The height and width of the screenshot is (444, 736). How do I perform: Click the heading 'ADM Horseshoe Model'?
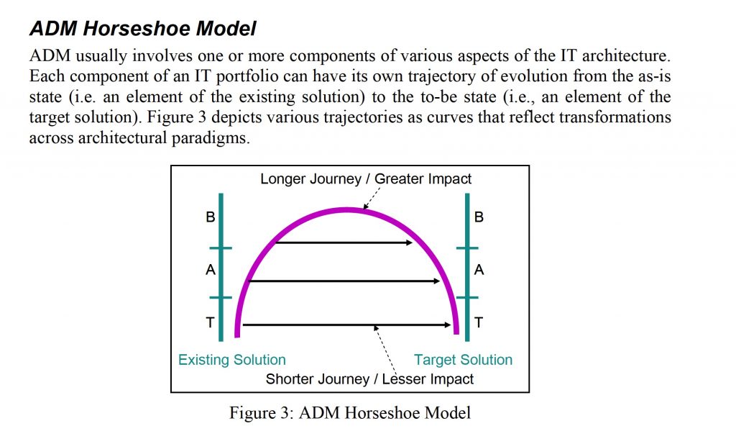click(143, 28)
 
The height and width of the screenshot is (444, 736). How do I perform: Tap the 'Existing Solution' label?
click(232, 359)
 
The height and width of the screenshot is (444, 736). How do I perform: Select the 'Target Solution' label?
click(463, 359)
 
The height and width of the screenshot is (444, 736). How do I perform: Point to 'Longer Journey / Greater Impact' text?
click(366, 179)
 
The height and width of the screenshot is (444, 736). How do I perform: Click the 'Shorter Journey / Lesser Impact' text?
click(369, 379)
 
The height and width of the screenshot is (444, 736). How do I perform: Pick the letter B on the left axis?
click(211, 217)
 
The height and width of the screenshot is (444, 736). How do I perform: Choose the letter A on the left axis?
click(211, 270)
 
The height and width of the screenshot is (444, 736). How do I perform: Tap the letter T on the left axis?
click(211, 322)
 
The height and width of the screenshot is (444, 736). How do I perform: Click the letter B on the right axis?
click(479, 217)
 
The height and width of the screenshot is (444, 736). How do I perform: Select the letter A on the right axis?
click(479, 270)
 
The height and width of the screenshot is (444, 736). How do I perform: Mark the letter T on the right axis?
click(479, 322)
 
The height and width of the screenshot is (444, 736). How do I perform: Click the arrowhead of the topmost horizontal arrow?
click(409, 243)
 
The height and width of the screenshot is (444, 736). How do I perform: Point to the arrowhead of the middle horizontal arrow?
click(436, 281)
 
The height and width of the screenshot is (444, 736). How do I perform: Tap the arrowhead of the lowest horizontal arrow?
click(447, 325)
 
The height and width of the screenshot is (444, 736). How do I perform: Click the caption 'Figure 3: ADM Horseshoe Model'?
click(350, 412)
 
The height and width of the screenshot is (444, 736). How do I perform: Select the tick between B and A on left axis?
click(221, 248)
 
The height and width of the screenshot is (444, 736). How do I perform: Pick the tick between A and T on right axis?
click(467, 297)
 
